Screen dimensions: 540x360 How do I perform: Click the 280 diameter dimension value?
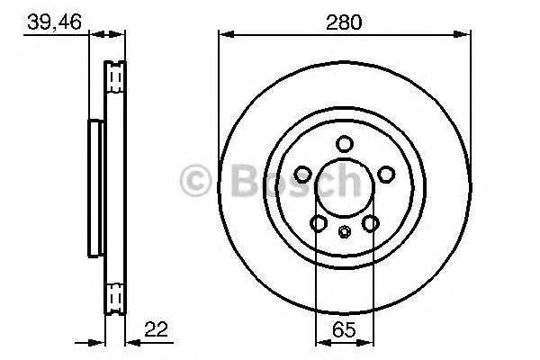pyautogui.click(x=344, y=22)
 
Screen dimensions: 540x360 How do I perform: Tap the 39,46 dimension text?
pyautogui.click(x=54, y=22)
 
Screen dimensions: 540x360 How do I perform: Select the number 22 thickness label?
pyautogui.click(x=157, y=329)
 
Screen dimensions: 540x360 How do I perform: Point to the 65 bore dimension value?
pyautogui.click(x=344, y=330)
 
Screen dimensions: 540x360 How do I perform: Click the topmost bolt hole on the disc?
pyautogui.click(x=345, y=144)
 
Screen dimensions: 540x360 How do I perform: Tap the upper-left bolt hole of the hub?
pyautogui.click(x=303, y=174)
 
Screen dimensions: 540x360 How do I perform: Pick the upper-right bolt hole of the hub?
pyautogui.click(x=386, y=174)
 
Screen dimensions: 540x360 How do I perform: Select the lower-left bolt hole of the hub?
pyautogui.click(x=319, y=223)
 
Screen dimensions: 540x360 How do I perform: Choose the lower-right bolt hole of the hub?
pyautogui.click(x=371, y=223)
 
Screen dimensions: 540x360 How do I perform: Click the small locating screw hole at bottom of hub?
pyautogui.click(x=344, y=231)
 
